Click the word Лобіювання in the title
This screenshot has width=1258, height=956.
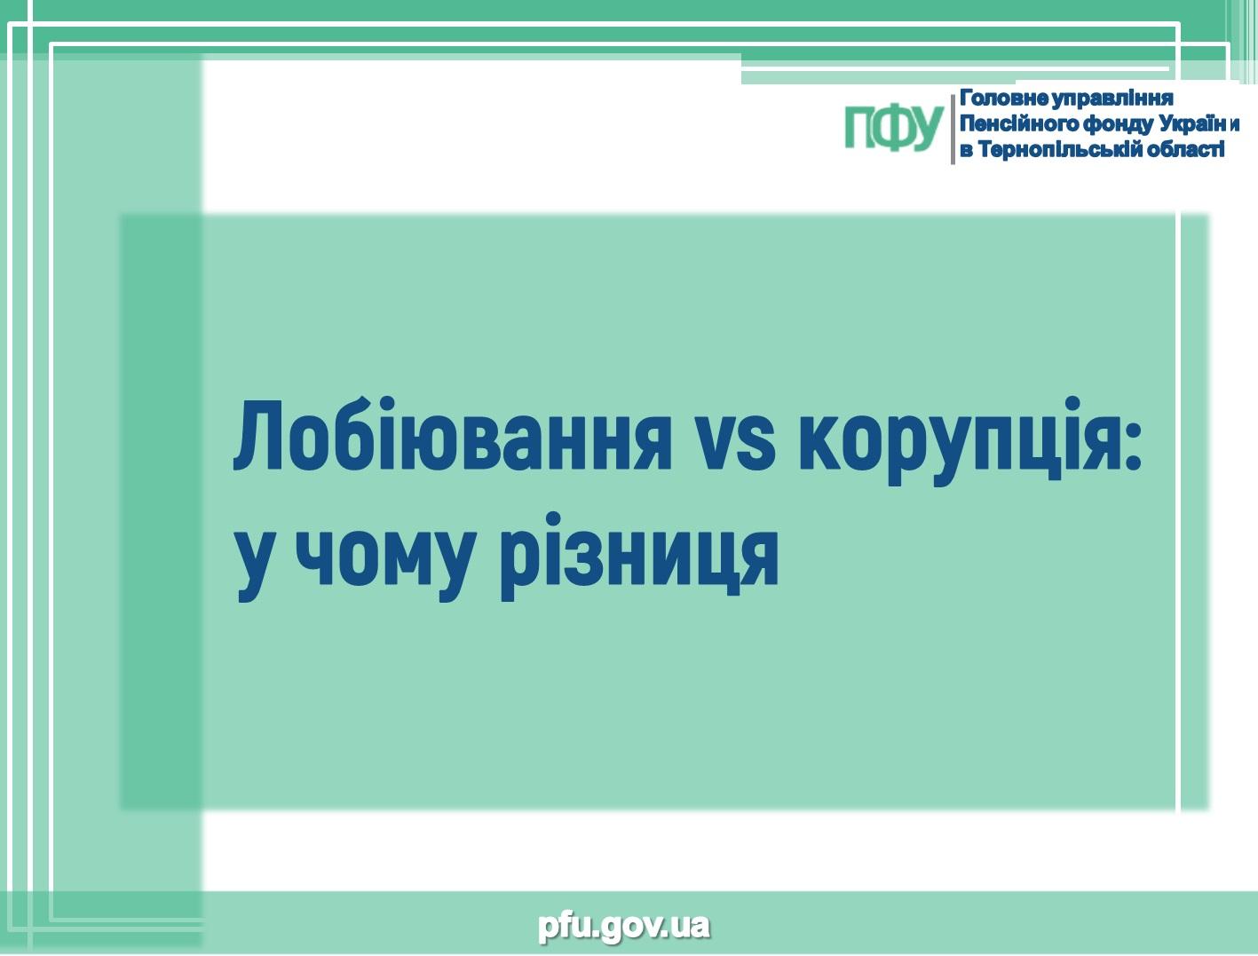(452, 435)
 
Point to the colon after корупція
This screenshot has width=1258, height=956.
(1131, 446)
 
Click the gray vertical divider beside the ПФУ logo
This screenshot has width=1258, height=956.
(953, 130)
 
